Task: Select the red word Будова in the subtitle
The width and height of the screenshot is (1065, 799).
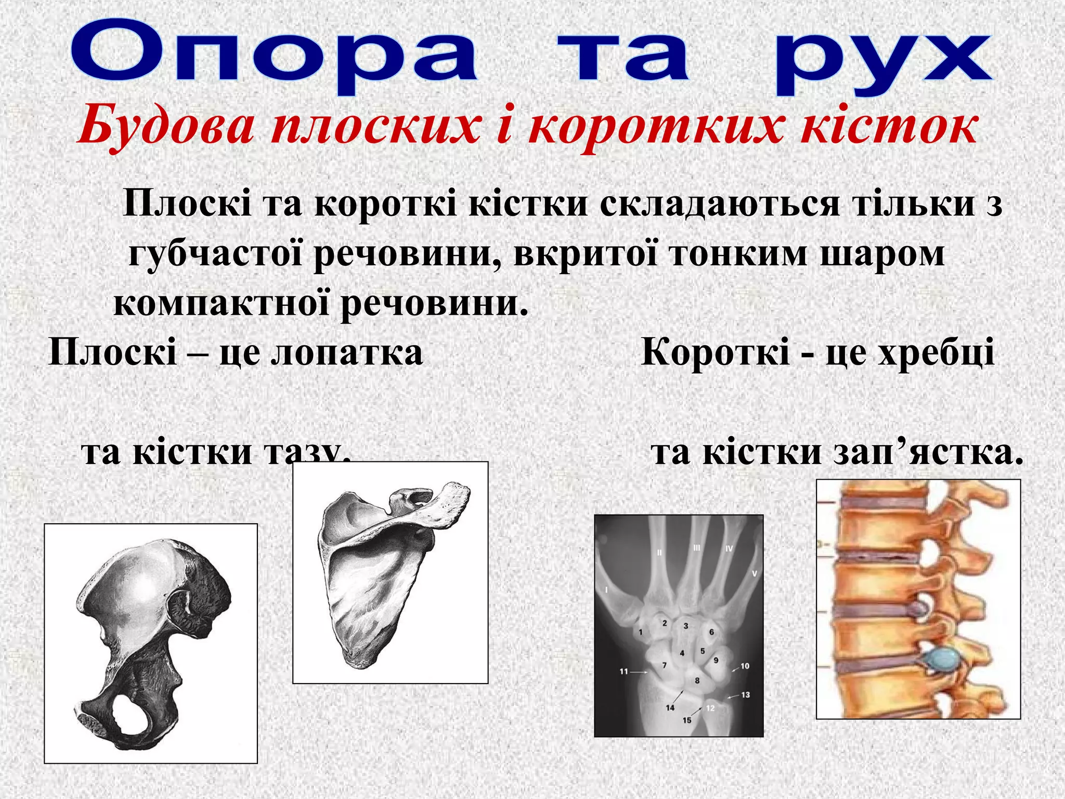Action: point(166,126)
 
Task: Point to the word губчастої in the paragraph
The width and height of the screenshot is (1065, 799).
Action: point(216,254)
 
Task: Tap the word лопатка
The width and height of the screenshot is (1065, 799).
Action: point(348,352)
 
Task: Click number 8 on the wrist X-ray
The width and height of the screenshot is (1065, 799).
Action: point(697,680)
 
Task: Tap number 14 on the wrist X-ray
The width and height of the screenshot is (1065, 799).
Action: point(670,707)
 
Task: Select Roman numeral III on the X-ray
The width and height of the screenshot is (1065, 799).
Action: point(697,548)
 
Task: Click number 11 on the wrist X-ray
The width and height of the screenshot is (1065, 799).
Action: point(624,672)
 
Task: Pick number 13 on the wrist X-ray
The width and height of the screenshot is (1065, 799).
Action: point(745,694)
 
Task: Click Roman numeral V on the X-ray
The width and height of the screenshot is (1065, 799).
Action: point(755,573)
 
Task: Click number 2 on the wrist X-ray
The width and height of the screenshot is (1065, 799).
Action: point(664,623)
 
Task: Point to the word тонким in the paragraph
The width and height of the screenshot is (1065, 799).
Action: point(738,254)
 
